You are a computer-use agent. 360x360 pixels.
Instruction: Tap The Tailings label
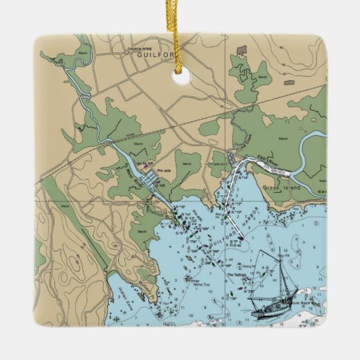[x=235, y=274]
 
